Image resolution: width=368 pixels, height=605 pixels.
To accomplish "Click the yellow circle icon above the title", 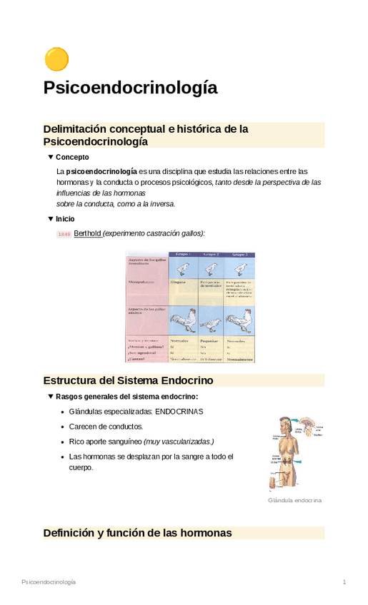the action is point(56,59).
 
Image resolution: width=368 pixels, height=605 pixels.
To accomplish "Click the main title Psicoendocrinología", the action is point(130,88).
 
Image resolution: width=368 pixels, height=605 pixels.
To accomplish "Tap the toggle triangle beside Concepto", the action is point(50,156).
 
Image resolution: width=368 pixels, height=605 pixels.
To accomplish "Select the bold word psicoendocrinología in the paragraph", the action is point(101,171).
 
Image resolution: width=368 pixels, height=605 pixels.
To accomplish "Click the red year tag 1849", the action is point(64,234).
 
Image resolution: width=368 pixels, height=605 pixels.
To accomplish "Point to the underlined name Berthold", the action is point(88,233).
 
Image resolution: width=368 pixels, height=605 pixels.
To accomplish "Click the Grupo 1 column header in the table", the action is point(181,254).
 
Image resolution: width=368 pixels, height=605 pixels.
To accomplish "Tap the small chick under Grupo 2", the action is point(211,268).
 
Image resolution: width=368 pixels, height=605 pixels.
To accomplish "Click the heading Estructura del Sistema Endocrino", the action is point(128,380).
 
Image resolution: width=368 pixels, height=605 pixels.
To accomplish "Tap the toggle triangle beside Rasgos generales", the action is point(50,396).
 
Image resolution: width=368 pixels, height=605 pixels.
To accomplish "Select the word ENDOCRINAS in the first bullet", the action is point(179,412).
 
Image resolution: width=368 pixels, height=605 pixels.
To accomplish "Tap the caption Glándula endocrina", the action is point(294,500).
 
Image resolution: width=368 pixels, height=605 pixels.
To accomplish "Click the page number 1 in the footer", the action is point(344,582).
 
